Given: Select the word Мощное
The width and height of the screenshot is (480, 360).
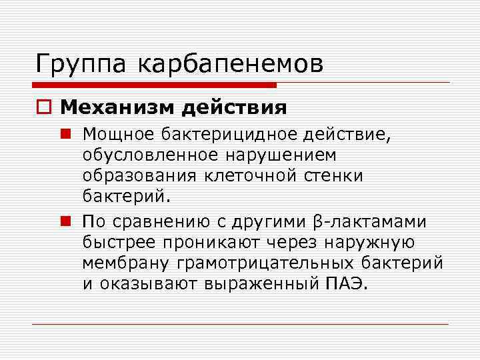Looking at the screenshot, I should point(118,133).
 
